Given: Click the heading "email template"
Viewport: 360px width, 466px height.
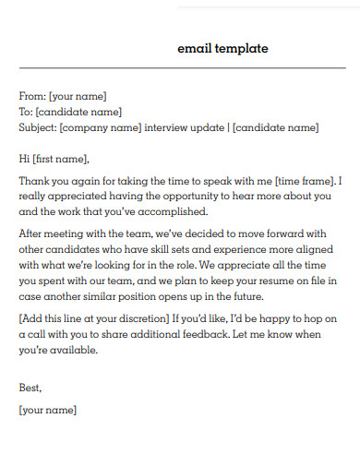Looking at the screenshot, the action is [222, 49].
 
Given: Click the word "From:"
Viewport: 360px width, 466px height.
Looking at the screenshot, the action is [33, 96].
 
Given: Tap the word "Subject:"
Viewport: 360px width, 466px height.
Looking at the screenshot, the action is [38, 127].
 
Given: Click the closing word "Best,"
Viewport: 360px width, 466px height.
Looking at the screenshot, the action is [30, 388].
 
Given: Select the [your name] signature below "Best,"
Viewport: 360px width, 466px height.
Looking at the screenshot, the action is [48, 409].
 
